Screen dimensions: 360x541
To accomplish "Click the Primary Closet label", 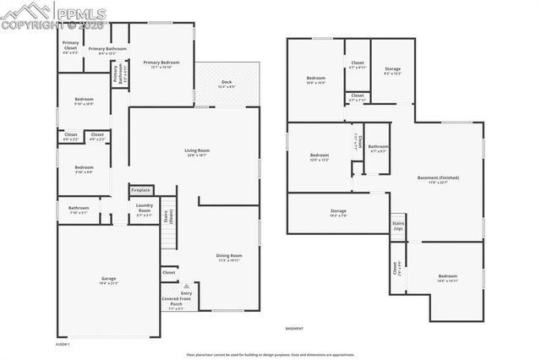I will pyautogui.click(x=70, y=49).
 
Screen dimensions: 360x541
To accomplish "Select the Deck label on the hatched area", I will pyautogui.click(x=227, y=85).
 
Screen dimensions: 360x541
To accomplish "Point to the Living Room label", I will pyautogui.click(x=197, y=153).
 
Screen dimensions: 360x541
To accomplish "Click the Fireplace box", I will pyautogui.click(x=140, y=190).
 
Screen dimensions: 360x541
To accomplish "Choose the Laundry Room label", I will pyautogui.click(x=143, y=211).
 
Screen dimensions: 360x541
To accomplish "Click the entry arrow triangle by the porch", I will pyautogui.click(x=186, y=286).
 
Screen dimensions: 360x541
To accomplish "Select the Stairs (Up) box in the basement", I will pyautogui.click(x=397, y=226).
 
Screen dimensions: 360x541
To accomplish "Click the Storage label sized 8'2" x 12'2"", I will pyautogui.click(x=392, y=70).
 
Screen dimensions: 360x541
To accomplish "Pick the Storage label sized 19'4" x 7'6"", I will pyautogui.click(x=337, y=213).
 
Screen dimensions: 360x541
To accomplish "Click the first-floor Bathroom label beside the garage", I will pyautogui.click(x=79, y=210).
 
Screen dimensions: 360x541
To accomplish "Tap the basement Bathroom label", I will pyautogui.click(x=378, y=148).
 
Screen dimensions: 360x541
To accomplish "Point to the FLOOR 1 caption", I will pyautogui.click(x=63, y=345).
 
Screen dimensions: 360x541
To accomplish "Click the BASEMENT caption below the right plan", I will pyautogui.click(x=294, y=328).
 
